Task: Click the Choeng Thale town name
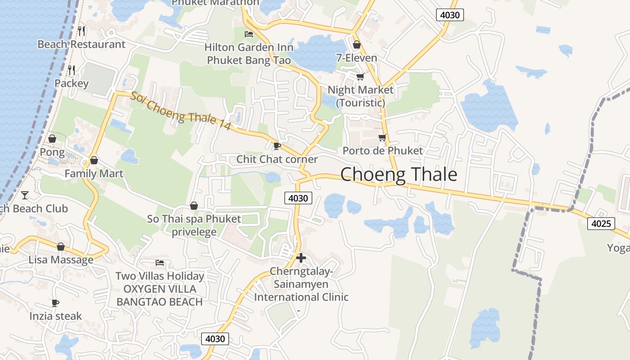coord(399,175)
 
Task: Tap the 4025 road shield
coord(601,223)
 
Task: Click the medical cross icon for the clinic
coord(301,258)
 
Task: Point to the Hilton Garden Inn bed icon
coord(248,34)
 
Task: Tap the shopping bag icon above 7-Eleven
coord(357,45)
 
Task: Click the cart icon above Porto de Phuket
coord(382,137)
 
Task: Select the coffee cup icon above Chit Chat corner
coord(277,146)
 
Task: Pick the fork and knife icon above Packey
coord(71,70)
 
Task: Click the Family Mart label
coord(94,174)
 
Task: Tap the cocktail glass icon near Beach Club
coord(25,195)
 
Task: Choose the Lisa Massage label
coord(61,260)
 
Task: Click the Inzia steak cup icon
coord(55,303)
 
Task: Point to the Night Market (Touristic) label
coord(360,96)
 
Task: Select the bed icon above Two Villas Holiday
coord(159,262)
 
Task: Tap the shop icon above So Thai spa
coord(194,206)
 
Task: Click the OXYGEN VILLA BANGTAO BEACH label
coord(160,295)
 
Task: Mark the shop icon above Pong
coord(52,139)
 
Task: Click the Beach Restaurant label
coord(81,44)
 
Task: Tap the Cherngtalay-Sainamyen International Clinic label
coord(301,284)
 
